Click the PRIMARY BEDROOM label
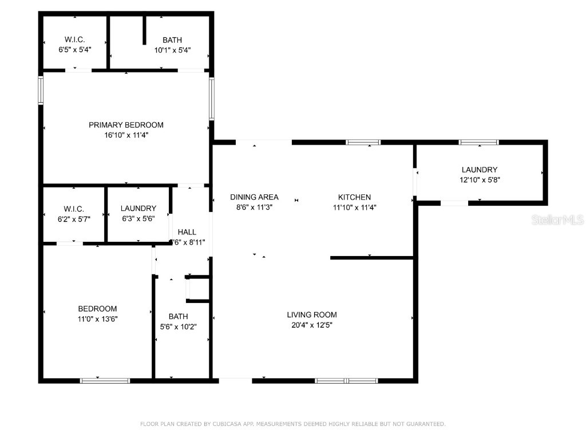pos(126,125)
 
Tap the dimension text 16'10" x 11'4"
pos(126,135)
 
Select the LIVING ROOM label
pos(312,314)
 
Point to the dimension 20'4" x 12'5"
pos(312,325)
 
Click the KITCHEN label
pos(354,197)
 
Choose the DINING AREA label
pos(254,197)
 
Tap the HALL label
pos(187,232)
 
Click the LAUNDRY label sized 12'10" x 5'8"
pos(480,170)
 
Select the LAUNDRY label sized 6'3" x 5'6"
pos(138,209)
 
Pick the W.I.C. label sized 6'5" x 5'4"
pos(74,40)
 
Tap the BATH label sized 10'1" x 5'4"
pos(172,40)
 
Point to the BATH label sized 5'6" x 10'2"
pos(178,316)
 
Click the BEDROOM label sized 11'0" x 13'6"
pos(97,309)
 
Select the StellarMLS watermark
pos(557,219)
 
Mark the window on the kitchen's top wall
pos(363,142)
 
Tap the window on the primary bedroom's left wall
pos(41,90)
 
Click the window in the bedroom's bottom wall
pos(105,380)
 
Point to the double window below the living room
pos(346,380)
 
